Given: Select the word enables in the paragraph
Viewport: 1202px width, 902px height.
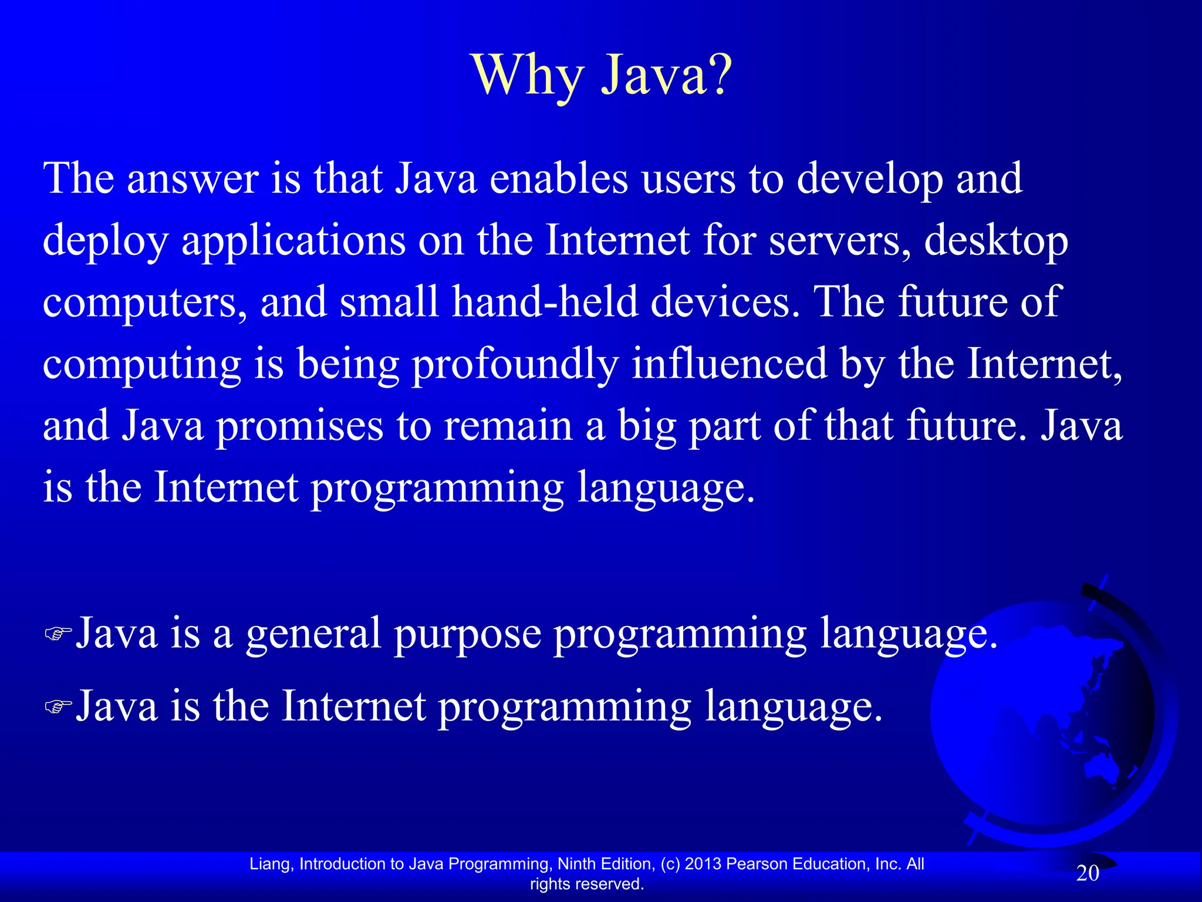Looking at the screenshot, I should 558,179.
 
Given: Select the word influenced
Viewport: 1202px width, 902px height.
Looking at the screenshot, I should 728,364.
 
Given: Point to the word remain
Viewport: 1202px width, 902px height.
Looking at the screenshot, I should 508,426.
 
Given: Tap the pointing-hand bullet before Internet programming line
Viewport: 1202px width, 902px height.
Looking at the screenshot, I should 58,706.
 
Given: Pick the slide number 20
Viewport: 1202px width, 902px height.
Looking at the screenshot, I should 1088,873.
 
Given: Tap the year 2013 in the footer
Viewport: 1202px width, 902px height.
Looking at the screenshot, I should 703,864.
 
